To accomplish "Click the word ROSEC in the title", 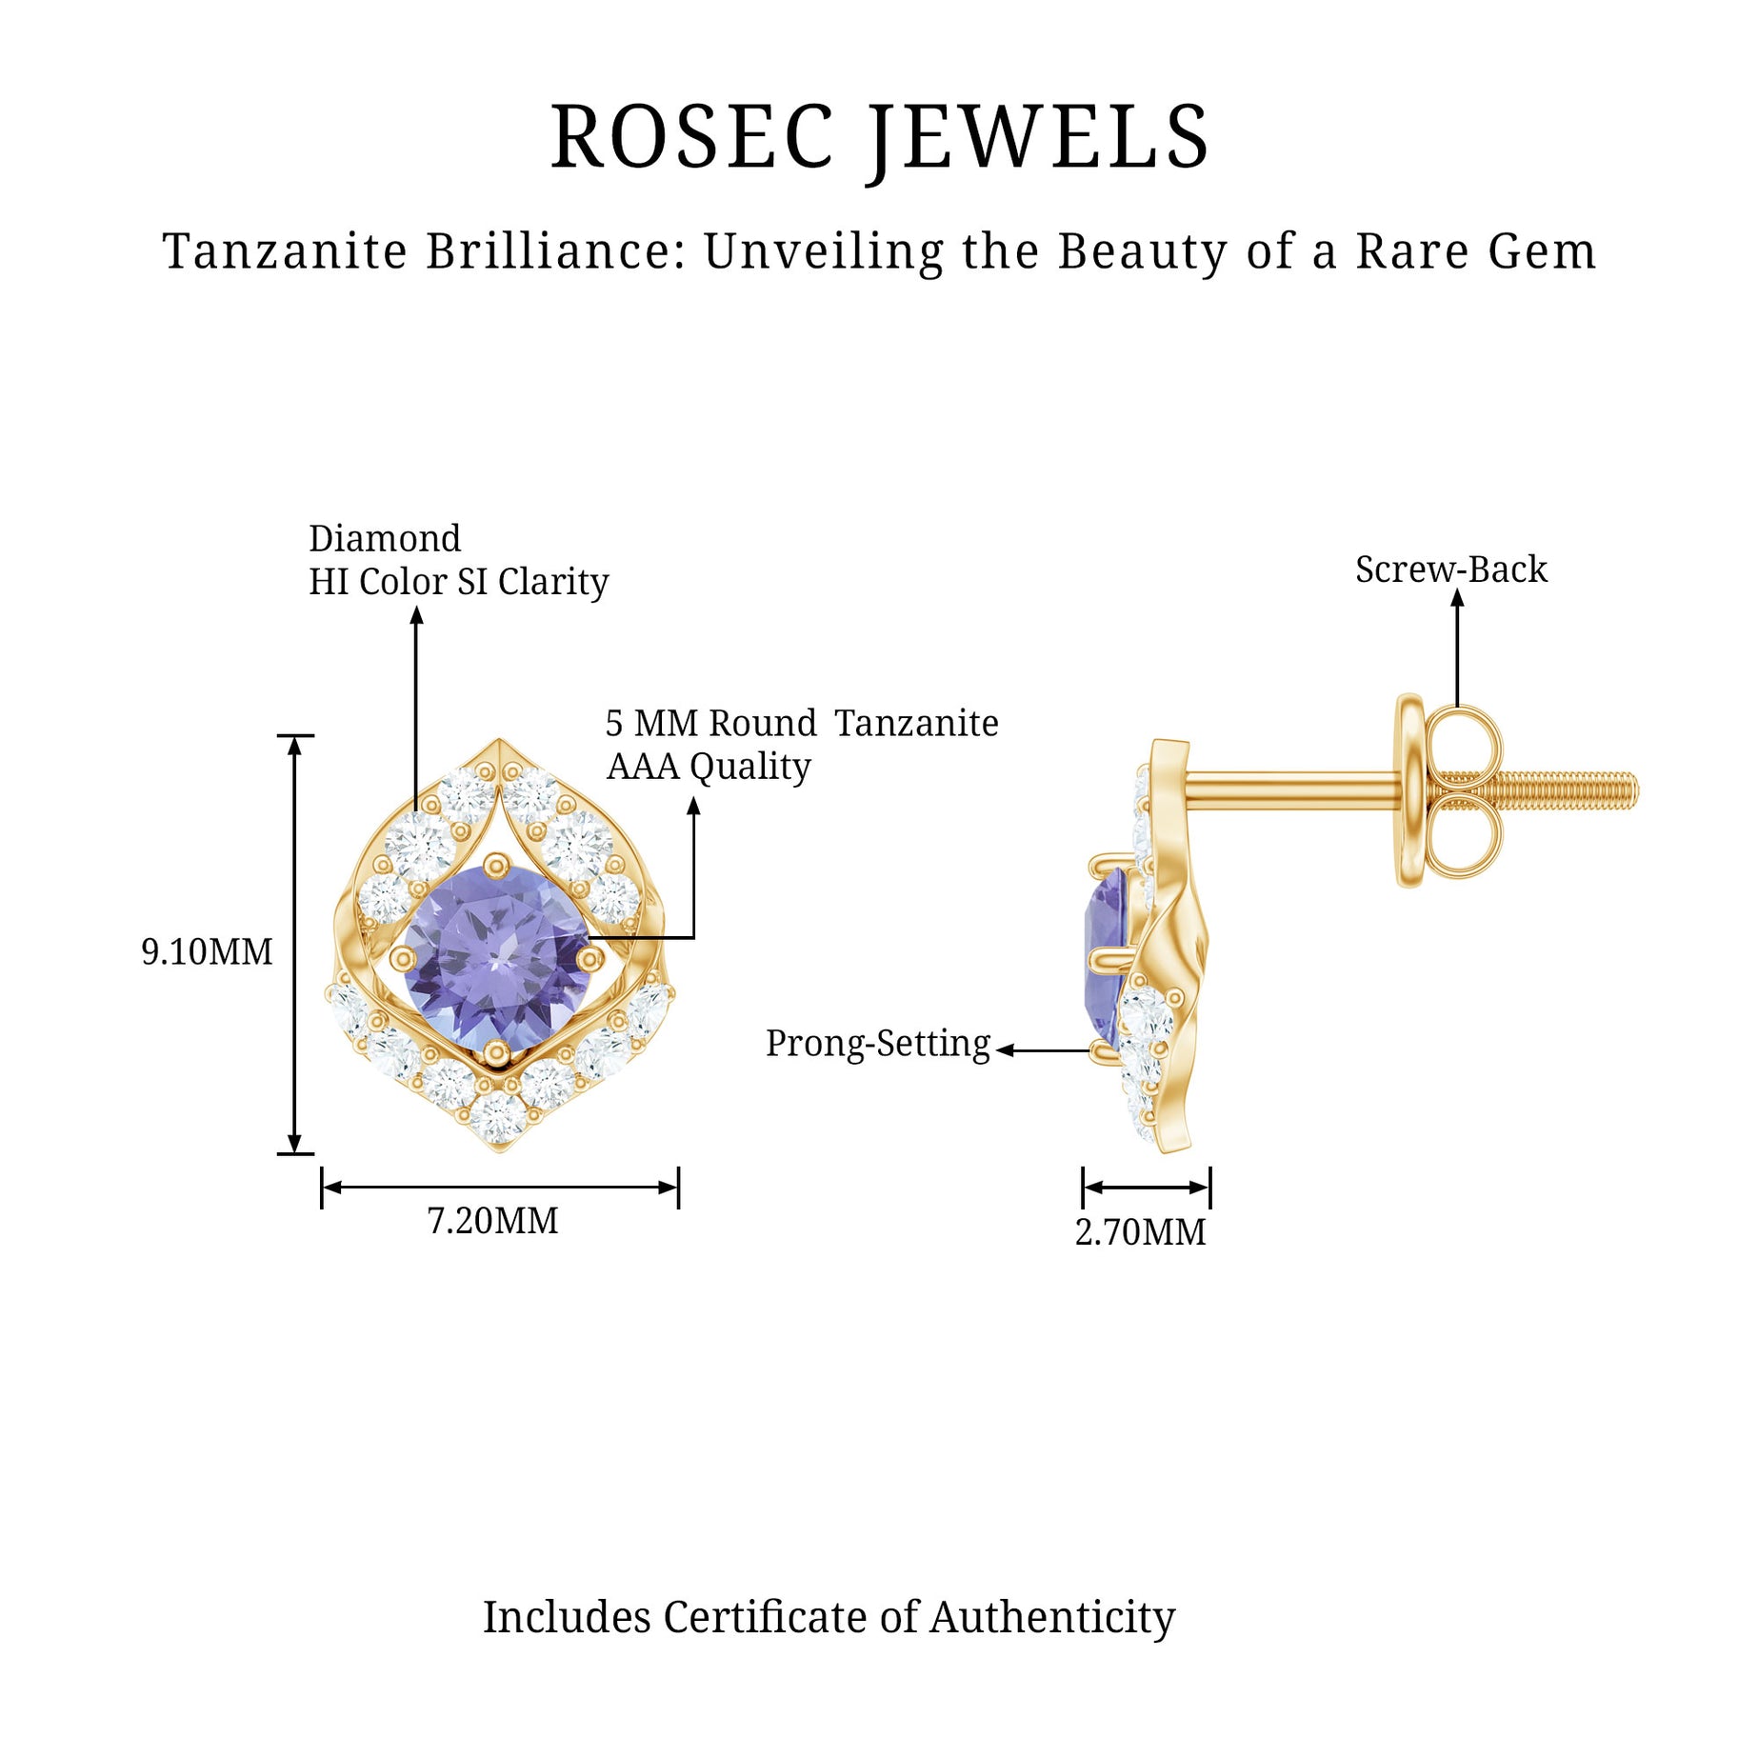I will [x=692, y=138].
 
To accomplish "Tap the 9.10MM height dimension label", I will [x=207, y=951].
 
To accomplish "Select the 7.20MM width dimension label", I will [x=492, y=1221].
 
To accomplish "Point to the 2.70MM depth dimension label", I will [x=1140, y=1232].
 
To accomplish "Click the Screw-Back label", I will [x=1450, y=569].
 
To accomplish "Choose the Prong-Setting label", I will [x=877, y=1044].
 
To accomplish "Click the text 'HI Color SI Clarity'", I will [x=458, y=582].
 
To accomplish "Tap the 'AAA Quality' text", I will [x=709, y=766].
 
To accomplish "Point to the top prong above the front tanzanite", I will [x=496, y=865].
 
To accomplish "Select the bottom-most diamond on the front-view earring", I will [x=497, y=1116].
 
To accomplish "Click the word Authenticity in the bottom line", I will [x=1052, y=1617].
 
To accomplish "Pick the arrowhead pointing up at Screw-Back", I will [x=1457, y=597].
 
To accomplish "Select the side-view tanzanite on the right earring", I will [x=1108, y=952].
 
